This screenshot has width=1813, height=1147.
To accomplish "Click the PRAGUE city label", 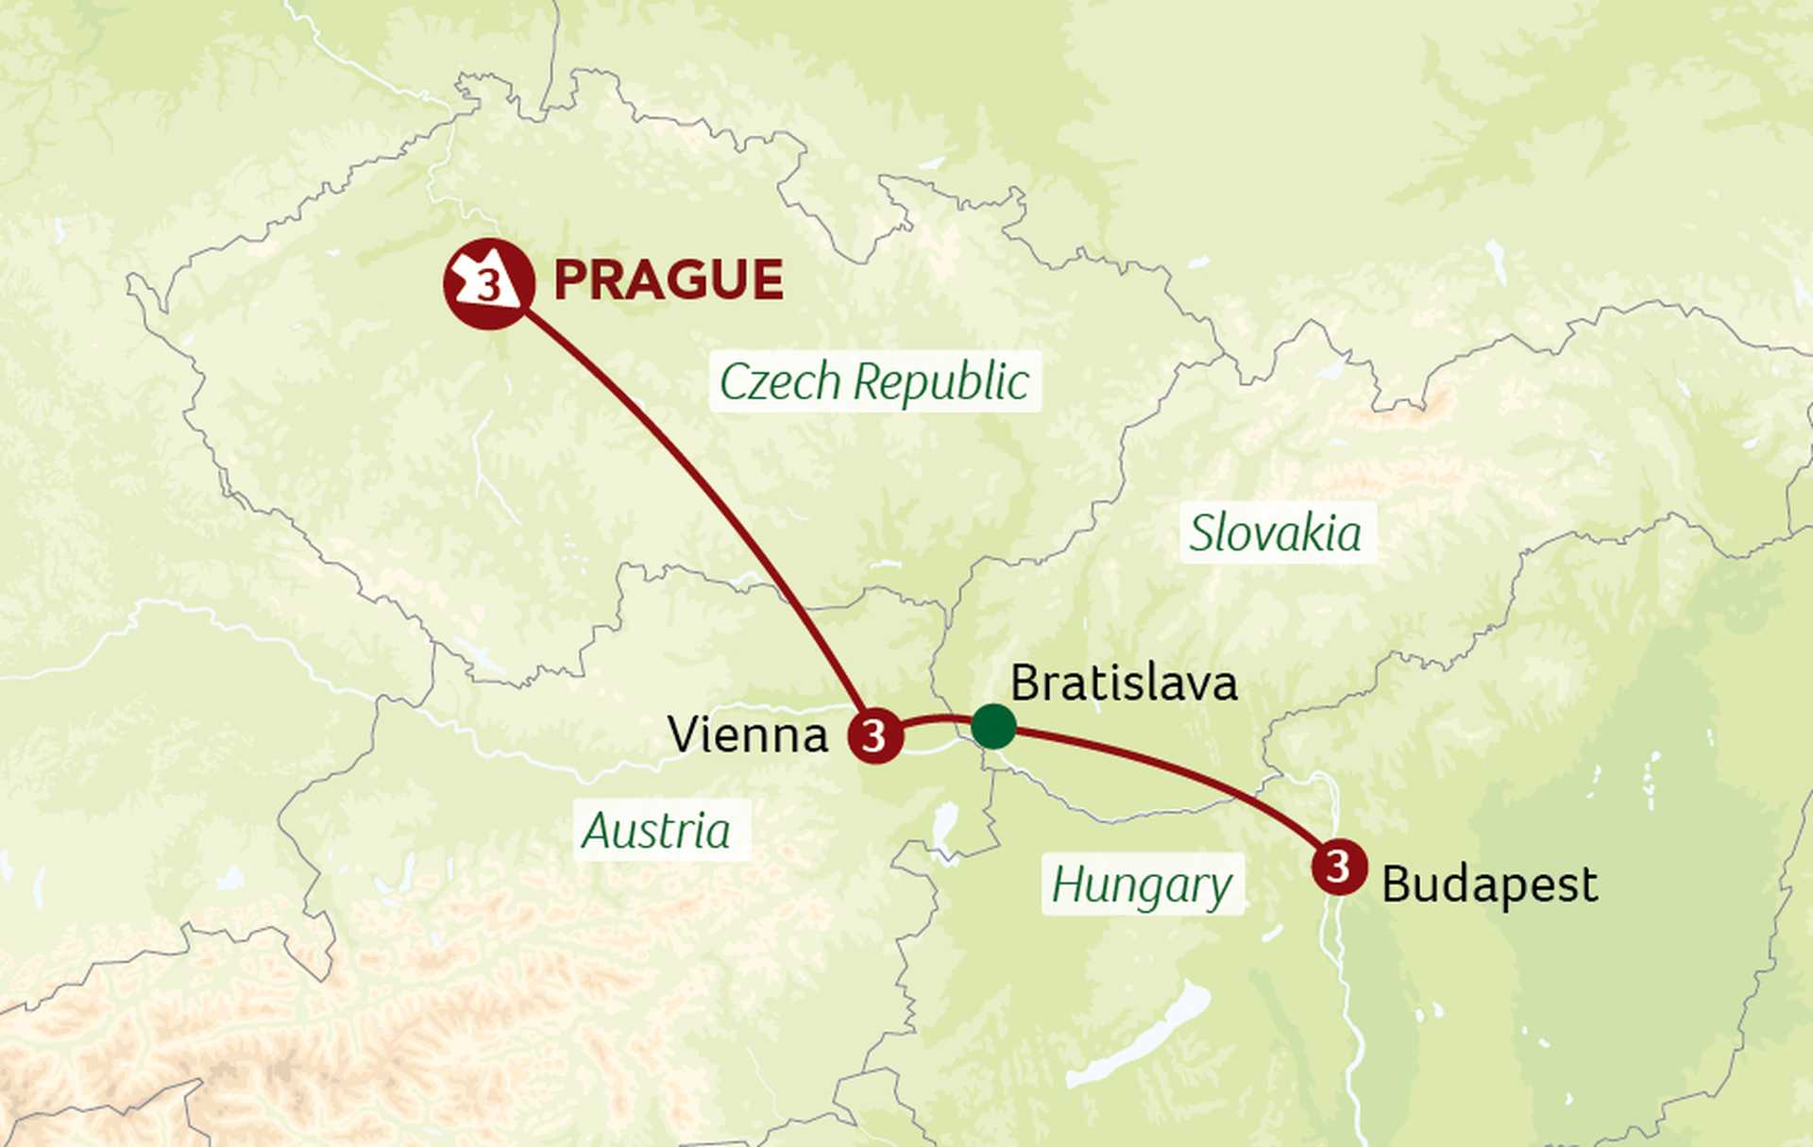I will coord(668,280).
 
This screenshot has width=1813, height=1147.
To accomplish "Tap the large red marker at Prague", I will coord(489,283).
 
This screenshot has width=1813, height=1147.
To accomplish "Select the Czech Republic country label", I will coord(874,382).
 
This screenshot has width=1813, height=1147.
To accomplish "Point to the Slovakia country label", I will coord(1276,533).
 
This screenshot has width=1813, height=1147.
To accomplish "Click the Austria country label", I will coord(656,832).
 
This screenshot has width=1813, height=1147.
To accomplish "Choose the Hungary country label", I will coord(1142,886).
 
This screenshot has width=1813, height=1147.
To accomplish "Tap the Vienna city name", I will coord(747,734).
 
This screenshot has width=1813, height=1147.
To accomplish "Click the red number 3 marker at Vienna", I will coord(874,734).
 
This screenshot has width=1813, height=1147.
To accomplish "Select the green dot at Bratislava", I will coord(993,726).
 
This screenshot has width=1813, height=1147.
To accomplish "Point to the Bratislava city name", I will coord(1124,683).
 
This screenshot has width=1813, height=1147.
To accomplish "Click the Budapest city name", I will coord(1489,885).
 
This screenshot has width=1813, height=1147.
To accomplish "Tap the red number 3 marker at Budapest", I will coord(1339,865).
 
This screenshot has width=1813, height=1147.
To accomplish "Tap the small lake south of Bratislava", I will coord(944,824).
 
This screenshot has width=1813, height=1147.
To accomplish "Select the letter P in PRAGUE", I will coord(572,280).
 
